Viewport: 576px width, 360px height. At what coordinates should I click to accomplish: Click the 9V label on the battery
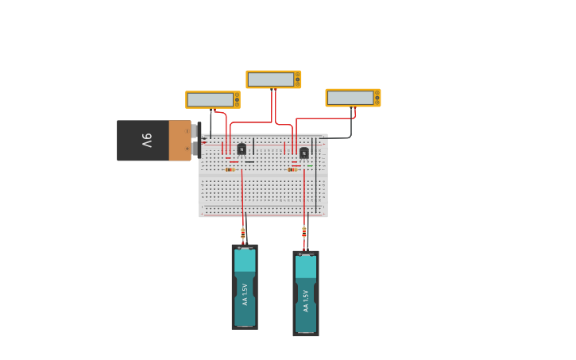pos(147,141)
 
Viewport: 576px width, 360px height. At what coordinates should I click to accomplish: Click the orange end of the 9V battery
pos(180,141)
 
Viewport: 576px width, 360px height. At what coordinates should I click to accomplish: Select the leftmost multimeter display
pos(210,99)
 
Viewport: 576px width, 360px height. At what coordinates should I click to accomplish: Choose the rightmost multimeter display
pos(350,98)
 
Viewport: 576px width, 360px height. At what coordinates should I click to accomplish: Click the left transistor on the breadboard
pos(242,149)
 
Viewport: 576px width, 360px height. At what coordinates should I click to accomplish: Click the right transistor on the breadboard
pos(303,153)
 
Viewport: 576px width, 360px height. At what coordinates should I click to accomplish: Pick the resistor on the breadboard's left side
pos(230,169)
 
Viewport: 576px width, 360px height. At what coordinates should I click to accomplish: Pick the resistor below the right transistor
pos(292,169)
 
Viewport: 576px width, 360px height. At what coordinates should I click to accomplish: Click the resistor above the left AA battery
pos(243,233)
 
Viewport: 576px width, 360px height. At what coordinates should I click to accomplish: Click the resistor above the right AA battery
pos(303,233)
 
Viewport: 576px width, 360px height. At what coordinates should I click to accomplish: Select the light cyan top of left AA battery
pos(245,261)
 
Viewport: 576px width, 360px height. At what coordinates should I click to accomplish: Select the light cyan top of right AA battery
pos(306,267)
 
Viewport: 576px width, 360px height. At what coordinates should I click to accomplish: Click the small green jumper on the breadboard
pos(310,165)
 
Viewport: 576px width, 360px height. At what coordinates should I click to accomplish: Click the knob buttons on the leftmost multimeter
pos(237,99)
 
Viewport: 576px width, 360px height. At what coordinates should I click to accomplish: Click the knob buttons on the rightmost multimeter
pos(377,98)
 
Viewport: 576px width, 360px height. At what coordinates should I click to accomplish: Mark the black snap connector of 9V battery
pos(195,140)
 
